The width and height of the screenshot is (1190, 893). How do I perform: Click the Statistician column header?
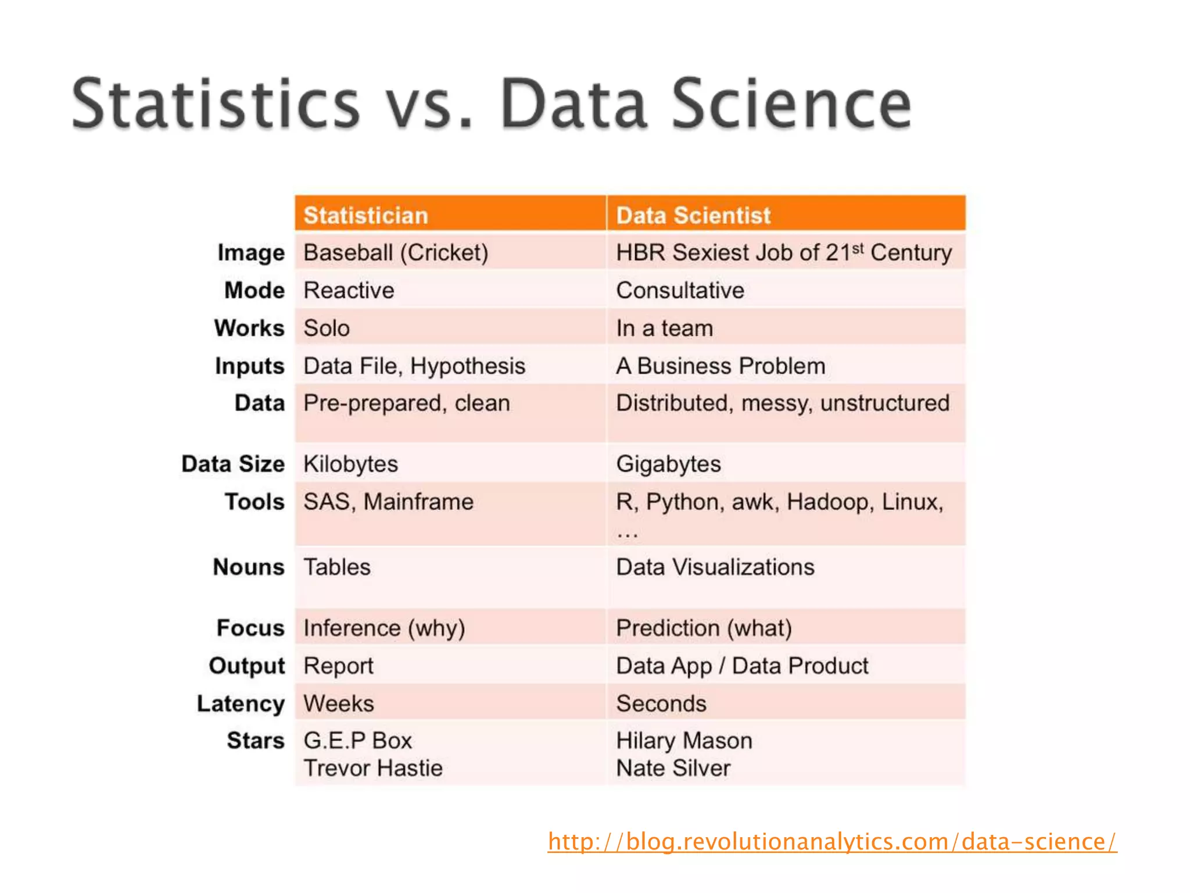(x=365, y=216)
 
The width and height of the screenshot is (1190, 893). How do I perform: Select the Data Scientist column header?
(x=693, y=216)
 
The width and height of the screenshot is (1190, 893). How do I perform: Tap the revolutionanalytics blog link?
(x=831, y=842)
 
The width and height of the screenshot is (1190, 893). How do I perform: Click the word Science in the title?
(x=792, y=105)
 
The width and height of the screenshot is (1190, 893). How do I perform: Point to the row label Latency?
(x=241, y=704)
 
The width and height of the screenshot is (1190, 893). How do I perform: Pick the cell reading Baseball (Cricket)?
(x=395, y=253)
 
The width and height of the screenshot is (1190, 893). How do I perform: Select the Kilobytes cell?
(x=350, y=465)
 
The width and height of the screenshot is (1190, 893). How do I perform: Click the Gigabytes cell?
(x=668, y=465)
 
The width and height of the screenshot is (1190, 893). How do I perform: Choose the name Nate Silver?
(x=673, y=769)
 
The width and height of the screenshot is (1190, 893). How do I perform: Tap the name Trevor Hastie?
(x=372, y=769)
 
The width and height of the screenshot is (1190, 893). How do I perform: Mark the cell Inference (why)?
(x=384, y=628)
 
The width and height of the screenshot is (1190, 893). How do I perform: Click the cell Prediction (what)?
(x=704, y=628)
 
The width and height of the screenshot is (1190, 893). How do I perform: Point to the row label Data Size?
(x=233, y=465)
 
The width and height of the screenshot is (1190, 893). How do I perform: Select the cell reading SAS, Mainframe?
(x=388, y=502)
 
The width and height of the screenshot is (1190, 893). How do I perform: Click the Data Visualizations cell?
(x=715, y=567)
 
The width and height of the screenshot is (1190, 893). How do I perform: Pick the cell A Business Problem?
(x=721, y=366)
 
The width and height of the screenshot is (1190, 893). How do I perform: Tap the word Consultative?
(x=680, y=291)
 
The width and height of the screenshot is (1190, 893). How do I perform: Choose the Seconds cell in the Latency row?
(x=661, y=704)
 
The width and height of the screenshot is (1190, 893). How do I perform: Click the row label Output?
(x=247, y=666)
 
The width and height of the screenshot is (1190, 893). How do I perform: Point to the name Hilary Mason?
(x=684, y=741)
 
